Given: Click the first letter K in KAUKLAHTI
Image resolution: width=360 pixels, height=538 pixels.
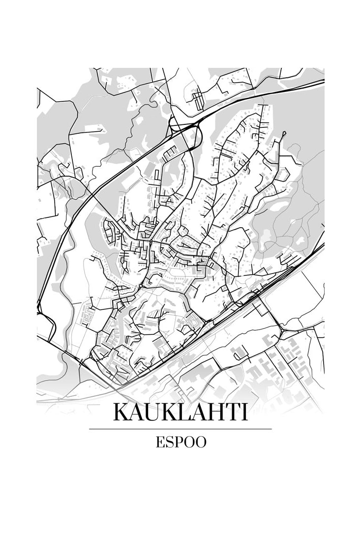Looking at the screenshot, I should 121,413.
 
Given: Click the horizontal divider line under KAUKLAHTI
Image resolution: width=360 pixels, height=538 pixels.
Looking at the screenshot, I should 180,429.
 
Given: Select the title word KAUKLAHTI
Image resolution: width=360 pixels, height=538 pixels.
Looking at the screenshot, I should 180,413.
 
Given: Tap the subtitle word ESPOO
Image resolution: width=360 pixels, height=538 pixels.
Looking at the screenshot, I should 180,442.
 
